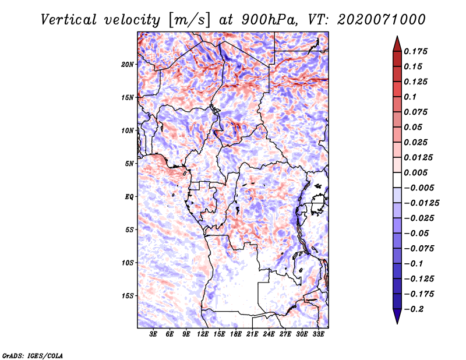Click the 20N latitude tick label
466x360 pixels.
coord(128,64)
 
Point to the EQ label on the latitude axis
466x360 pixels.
coord(129,197)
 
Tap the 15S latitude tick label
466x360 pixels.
coord(128,296)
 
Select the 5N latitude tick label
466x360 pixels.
coord(129,164)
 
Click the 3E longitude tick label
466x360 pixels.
coord(154,334)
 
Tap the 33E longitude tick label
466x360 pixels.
coord(319,334)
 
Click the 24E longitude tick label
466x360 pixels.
coord(269,334)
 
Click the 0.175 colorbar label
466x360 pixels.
coord(416,51)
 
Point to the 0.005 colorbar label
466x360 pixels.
coord(416,172)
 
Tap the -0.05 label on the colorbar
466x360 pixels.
coord(417,233)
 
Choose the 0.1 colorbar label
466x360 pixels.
coord(411,97)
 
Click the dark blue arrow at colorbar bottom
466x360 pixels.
coord(396,316)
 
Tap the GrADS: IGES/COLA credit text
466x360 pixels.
coord(32,354)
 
